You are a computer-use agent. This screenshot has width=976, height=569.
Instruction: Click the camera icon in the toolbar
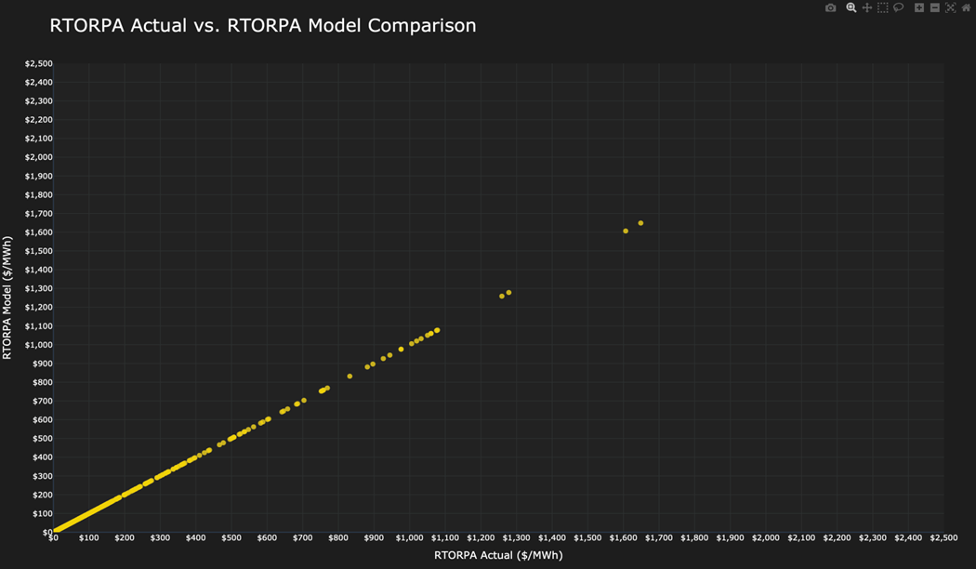point(830,8)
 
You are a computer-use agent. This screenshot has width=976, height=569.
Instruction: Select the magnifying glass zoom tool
point(851,8)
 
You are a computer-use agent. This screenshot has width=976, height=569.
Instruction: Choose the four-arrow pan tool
point(867,8)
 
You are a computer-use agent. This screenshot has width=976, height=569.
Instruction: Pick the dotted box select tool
point(883,8)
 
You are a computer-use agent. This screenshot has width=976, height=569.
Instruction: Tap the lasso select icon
point(899,8)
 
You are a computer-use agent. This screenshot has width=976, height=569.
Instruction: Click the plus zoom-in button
point(918,8)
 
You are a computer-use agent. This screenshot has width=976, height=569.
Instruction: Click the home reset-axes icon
point(966,8)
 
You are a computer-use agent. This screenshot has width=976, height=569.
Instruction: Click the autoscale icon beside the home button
point(950,8)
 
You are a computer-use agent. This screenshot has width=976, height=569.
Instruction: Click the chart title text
point(262,26)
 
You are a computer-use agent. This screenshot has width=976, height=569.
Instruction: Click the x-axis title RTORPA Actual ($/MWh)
point(498,555)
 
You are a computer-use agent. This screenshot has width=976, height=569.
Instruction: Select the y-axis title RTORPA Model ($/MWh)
point(7,298)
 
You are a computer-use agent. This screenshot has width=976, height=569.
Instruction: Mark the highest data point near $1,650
point(640,223)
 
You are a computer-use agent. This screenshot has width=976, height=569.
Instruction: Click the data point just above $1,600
point(626,232)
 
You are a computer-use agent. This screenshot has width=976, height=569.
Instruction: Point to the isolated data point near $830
point(350,377)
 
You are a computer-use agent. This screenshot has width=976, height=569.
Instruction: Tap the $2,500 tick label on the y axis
point(38,64)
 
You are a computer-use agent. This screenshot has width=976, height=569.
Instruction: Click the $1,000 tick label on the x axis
point(409,538)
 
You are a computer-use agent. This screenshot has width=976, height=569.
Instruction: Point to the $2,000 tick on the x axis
point(765,538)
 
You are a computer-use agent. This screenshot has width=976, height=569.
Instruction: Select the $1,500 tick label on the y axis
point(38,251)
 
